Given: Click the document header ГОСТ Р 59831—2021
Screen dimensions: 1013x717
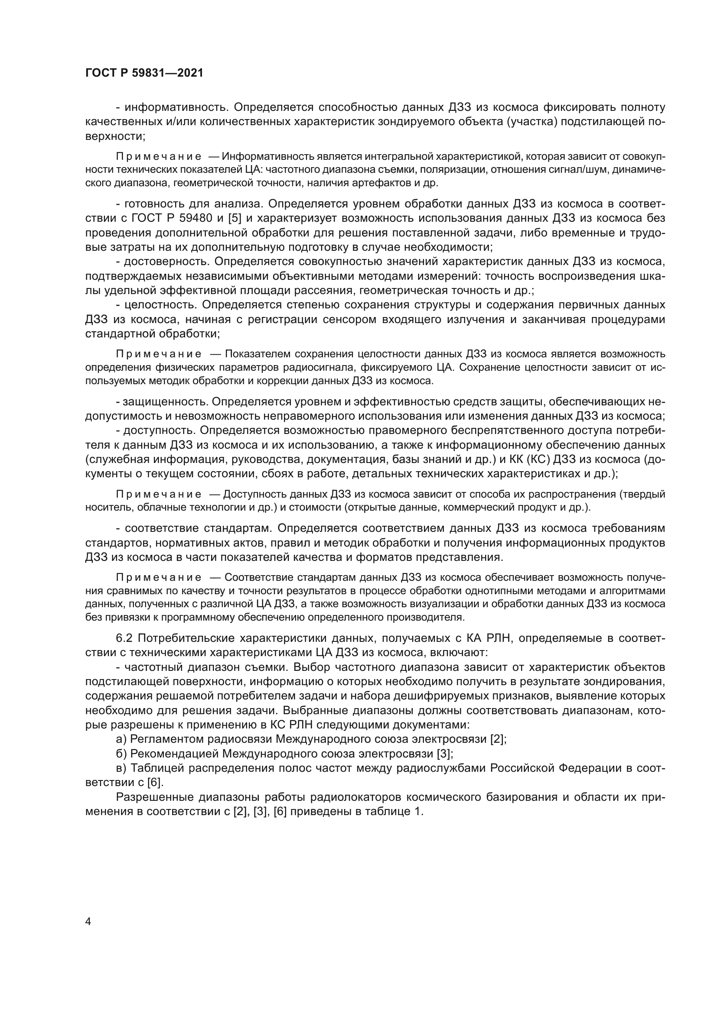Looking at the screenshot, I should coord(144,73).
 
